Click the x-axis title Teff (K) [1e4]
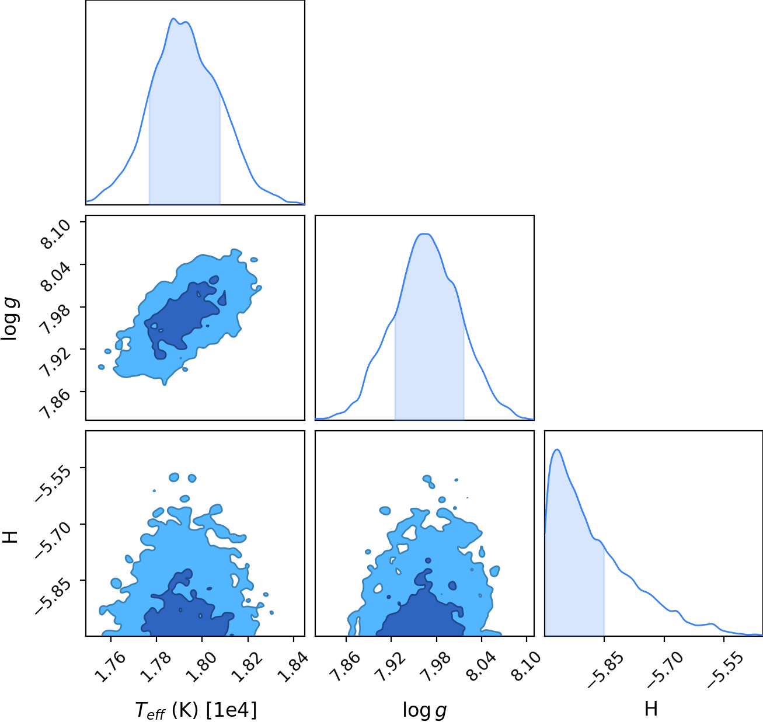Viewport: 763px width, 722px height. [196, 710]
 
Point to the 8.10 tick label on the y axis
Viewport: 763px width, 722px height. [55, 234]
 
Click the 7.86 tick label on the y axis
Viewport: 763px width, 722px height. [55, 404]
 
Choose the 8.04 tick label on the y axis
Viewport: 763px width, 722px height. [55, 277]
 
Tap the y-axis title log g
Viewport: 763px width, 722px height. [10, 319]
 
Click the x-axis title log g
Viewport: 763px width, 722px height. [424, 710]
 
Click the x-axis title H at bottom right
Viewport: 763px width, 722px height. [651, 709]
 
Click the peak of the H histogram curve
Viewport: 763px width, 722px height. [558, 449]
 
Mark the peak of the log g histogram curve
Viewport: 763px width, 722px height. [424, 233]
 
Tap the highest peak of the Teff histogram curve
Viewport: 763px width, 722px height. [173, 18]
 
